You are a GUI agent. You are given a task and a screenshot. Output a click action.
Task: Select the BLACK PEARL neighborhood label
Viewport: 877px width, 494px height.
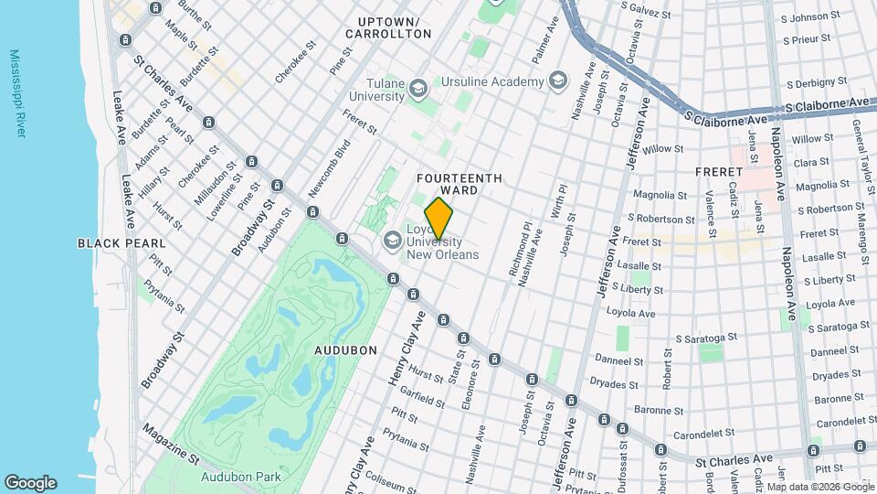[122, 243]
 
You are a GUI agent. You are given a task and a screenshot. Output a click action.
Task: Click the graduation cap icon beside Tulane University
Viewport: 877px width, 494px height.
[418, 89]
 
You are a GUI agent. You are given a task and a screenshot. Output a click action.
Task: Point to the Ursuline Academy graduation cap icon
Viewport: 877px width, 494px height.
[555, 81]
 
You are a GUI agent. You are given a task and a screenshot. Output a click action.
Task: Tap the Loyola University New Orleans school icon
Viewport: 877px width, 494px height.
[393, 241]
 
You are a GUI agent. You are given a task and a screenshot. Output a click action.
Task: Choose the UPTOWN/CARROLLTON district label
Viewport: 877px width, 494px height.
[388, 27]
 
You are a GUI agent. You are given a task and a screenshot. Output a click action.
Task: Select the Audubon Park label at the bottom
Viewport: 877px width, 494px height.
[241, 476]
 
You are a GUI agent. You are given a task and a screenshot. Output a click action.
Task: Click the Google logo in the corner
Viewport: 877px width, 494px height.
[30, 483]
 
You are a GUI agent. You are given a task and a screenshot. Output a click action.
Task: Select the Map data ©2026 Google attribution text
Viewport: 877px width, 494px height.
[819, 487]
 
